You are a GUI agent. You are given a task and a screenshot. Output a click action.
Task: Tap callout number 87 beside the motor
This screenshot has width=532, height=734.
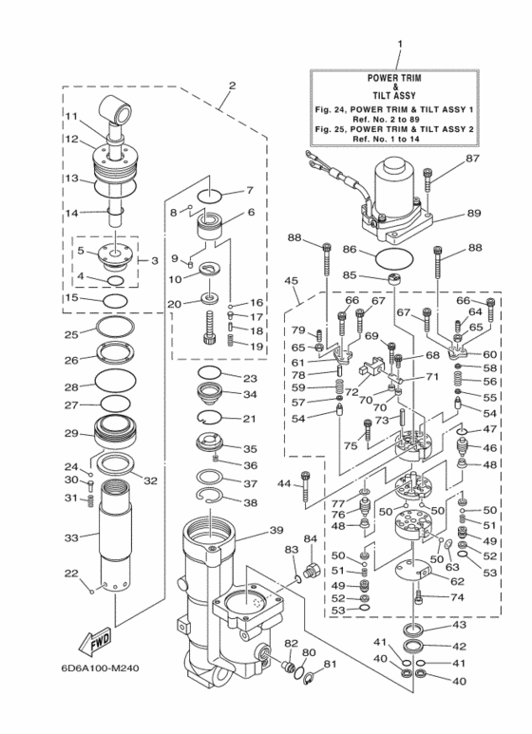point(472,160)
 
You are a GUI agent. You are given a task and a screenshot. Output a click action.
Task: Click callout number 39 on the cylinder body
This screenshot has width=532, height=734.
point(276,530)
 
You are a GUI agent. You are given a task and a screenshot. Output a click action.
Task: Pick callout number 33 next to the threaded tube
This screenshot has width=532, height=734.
point(70,538)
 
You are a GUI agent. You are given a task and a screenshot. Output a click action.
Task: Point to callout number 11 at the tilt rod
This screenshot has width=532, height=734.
point(71,117)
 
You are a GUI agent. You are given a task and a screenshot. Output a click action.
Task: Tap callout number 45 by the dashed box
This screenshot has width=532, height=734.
point(292,281)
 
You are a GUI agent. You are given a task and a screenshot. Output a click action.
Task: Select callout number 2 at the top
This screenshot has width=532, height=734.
point(230,85)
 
